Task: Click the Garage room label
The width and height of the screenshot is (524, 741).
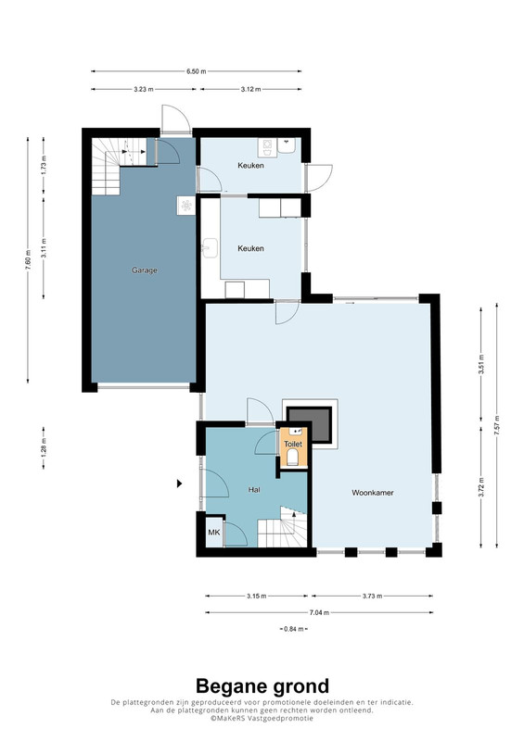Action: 145,270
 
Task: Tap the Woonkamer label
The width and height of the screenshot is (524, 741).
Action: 373,493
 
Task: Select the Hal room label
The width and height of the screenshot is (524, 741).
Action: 254,490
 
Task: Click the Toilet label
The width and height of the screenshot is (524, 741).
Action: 293,445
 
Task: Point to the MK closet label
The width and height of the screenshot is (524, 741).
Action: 214,533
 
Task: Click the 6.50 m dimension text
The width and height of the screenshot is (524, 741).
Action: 196,71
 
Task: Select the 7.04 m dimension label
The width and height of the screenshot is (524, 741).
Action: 319,612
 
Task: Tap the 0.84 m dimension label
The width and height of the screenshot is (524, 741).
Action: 293,629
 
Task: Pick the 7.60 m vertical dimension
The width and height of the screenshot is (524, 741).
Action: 28,260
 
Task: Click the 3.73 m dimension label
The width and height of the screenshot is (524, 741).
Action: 372,596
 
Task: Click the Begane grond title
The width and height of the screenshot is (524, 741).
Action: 262,685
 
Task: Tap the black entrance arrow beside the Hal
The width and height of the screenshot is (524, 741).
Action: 179,484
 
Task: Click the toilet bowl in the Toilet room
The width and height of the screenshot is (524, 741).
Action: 292,458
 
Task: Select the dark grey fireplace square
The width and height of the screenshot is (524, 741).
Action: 309,424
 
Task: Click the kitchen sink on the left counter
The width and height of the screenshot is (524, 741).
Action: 211,248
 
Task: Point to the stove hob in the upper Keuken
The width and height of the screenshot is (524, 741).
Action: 264,147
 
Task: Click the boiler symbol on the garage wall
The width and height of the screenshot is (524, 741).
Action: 186,206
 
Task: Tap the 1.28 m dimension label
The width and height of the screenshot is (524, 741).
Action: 44,448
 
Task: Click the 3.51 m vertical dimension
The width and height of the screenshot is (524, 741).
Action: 481,364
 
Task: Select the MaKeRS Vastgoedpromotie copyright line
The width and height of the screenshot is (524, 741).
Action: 262,718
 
